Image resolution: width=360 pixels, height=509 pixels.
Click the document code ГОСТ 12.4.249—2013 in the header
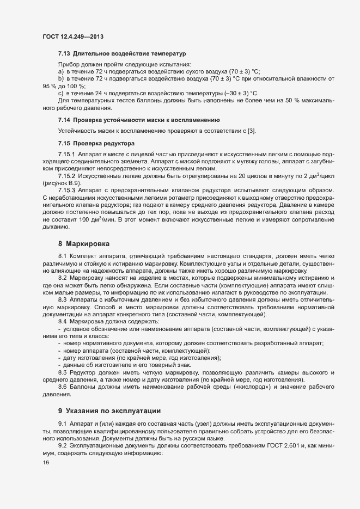coord(73,36)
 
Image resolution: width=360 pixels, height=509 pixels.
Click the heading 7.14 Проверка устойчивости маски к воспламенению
coord(139,119)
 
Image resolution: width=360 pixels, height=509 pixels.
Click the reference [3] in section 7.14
coord(251,131)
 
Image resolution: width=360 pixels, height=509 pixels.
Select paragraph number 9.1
coord(63,423)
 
